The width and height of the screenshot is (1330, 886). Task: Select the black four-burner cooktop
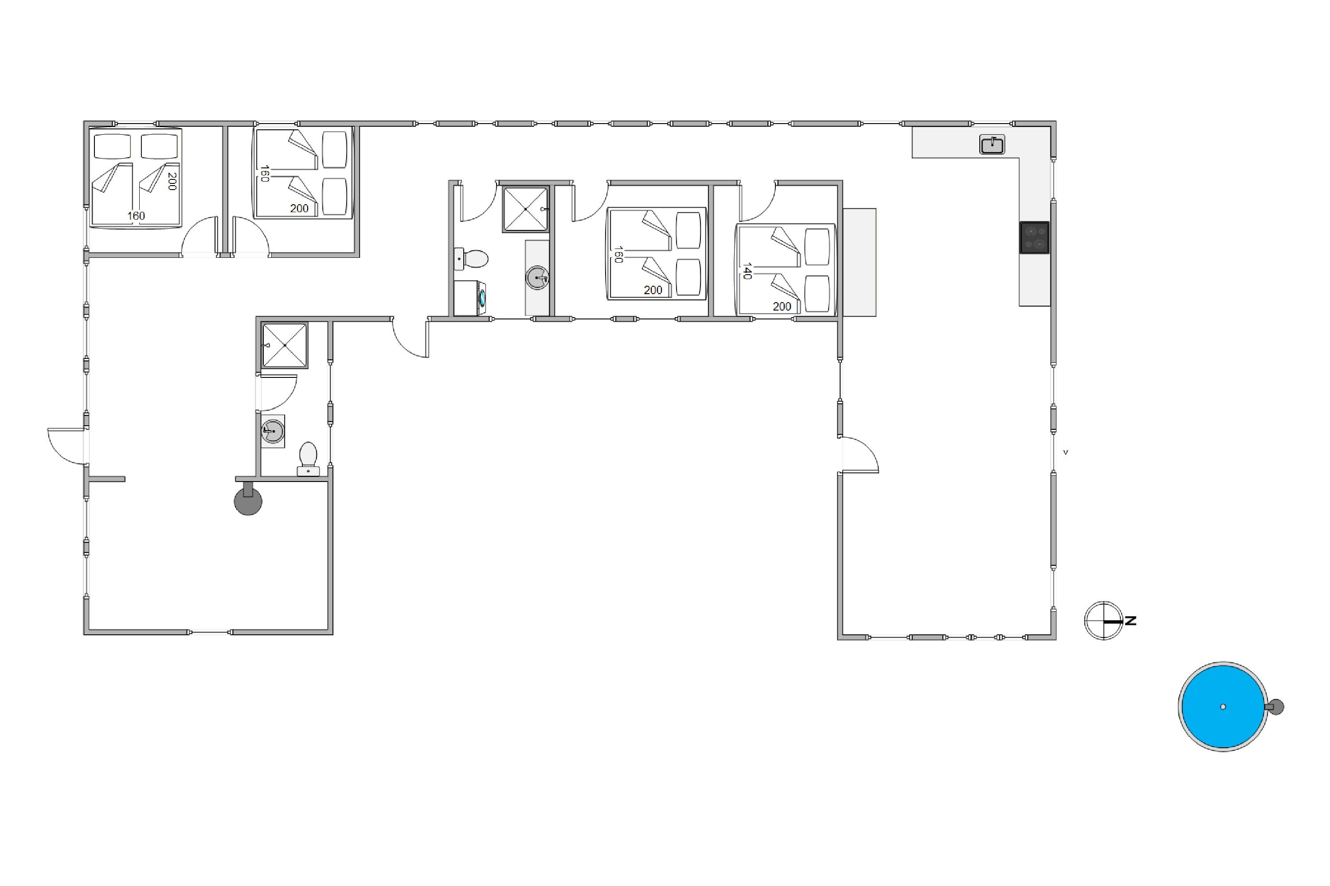(x=1034, y=237)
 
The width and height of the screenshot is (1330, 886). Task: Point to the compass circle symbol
(x=1103, y=621)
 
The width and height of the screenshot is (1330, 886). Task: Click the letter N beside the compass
(x=1130, y=621)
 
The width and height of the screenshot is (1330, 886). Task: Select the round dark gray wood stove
(x=248, y=501)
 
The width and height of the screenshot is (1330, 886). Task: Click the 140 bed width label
(x=747, y=271)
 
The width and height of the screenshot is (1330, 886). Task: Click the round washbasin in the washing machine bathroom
(x=537, y=278)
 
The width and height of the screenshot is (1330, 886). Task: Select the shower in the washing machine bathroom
(x=525, y=209)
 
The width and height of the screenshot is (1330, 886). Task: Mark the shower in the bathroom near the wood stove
(x=285, y=345)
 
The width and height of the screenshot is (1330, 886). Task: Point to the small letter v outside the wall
(x=1065, y=452)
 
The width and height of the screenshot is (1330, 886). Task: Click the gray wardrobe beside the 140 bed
(x=860, y=262)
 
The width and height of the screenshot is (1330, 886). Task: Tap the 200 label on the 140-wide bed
(x=782, y=306)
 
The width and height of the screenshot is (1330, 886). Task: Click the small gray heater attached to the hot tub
(x=1275, y=707)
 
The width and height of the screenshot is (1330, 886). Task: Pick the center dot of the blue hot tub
(x=1223, y=707)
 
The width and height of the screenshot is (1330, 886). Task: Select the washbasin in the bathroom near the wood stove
(x=273, y=431)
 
